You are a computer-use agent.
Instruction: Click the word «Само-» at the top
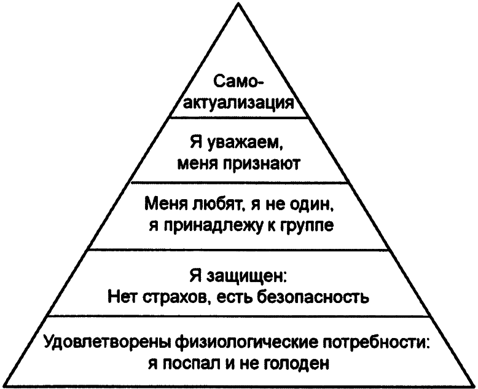click(x=238, y=82)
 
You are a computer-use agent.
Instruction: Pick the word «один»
click(x=313, y=203)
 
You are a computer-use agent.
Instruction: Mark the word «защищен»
click(x=246, y=276)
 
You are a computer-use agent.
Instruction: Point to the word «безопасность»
click(x=313, y=297)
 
